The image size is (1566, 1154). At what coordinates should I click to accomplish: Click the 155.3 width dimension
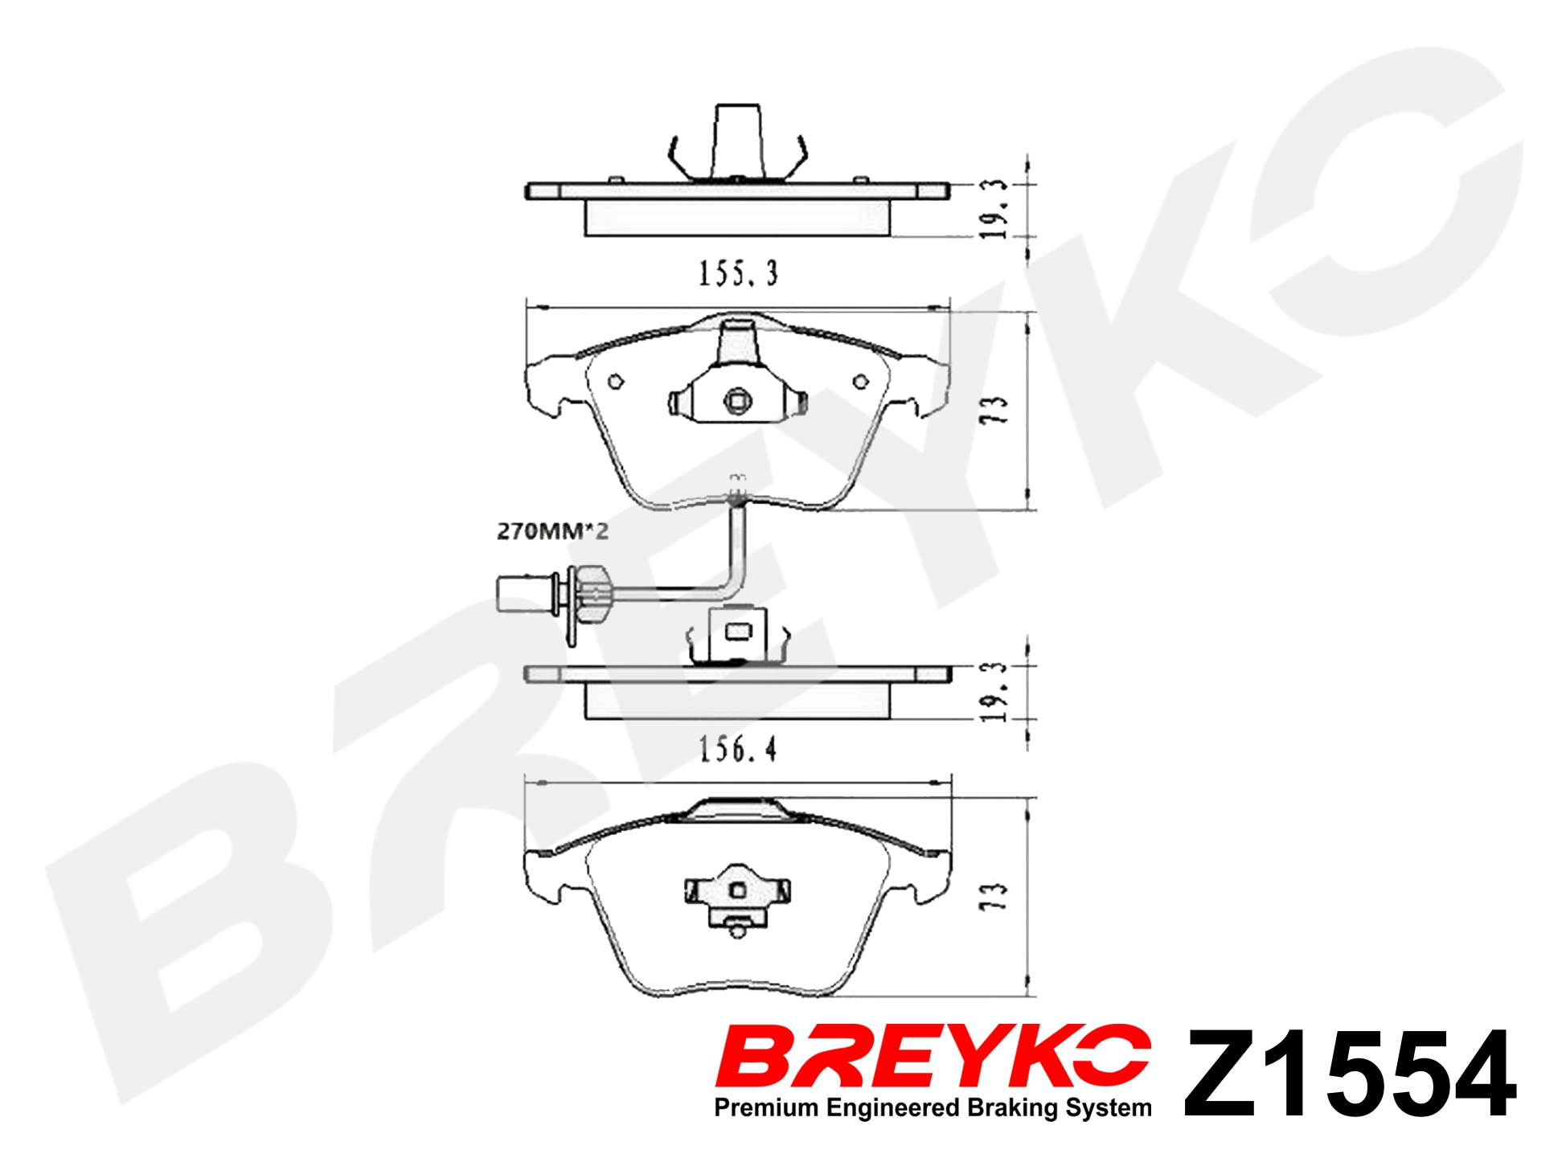(738, 273)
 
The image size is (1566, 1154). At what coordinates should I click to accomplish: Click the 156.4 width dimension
(738, 749)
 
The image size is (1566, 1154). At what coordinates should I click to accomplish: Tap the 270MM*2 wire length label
(552, 531)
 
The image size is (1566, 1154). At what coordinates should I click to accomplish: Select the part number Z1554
(1350, 1074)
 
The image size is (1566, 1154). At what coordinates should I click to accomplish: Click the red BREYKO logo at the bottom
(933, 1055)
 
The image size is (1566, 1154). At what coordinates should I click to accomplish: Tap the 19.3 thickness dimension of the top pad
(994, 209)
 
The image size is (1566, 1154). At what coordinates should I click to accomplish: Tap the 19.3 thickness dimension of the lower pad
(994, 692)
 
